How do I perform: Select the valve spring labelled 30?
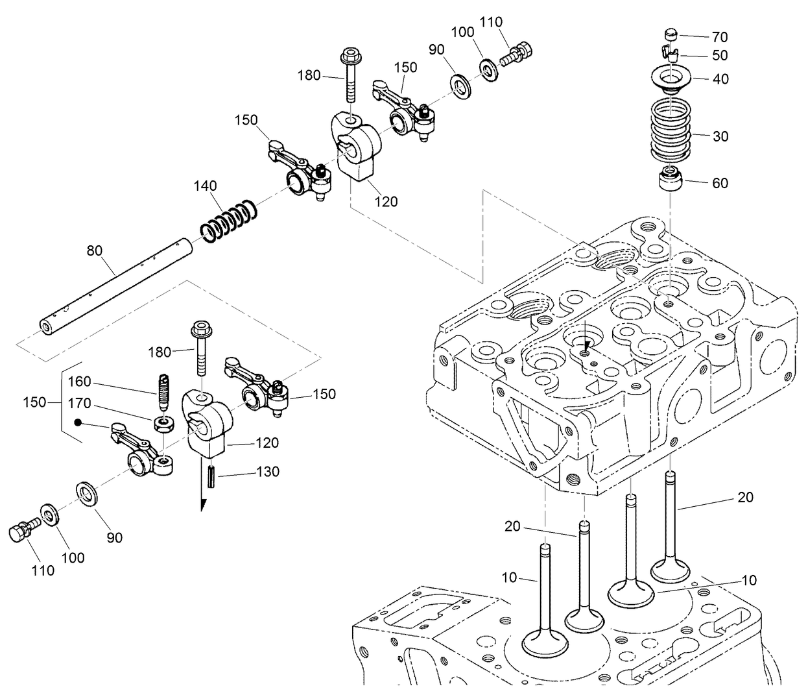tap(670, 130)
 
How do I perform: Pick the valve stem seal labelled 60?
tap(670, 178)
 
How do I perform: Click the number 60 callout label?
tap(720, 183)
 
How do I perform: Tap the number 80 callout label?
tap(95, 250)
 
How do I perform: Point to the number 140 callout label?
tap(204, 186)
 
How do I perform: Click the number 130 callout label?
tap(267, 472)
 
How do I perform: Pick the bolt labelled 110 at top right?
tap(519, 52)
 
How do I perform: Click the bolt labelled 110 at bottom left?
tap(22, 531)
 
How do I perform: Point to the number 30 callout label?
tap(720, 136)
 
